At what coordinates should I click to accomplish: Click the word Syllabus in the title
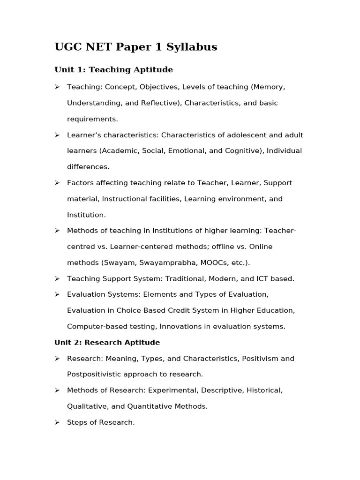coord(194,47)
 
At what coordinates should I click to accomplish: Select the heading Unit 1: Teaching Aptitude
coord(113,70)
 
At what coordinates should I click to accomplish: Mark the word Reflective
coord(160,103)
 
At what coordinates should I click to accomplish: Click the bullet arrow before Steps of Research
coord(57,422)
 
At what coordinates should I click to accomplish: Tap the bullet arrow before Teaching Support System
coord(57,278)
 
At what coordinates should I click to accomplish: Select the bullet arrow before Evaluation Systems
coord(57,294)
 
